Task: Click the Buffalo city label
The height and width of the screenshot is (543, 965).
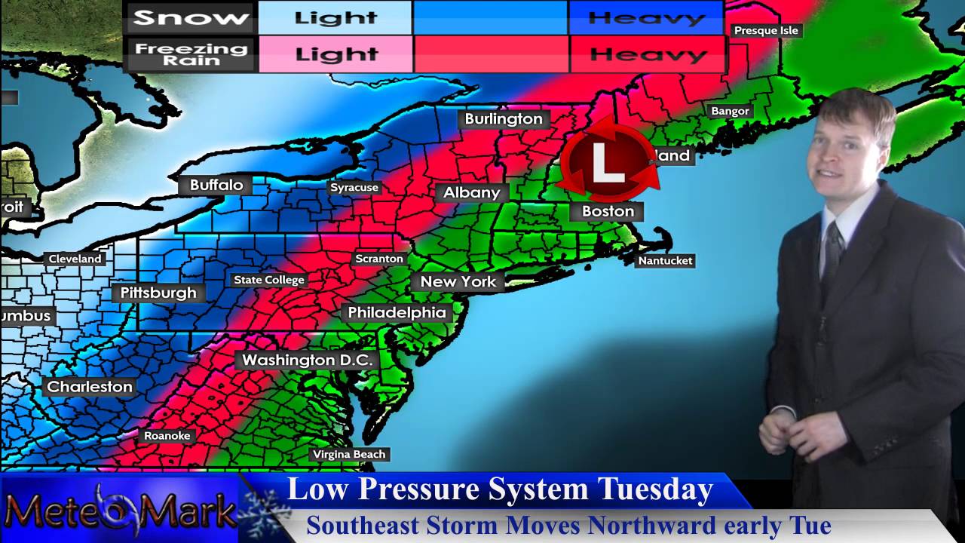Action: pos(216,185)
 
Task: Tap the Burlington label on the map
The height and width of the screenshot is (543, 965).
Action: pos(504,119)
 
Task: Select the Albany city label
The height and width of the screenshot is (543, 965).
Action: pos(472,192)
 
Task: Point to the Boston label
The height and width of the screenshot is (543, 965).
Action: pos(608,211)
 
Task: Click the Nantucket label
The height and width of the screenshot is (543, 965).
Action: pos(665,261)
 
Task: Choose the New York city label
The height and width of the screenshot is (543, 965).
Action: pos(458,281)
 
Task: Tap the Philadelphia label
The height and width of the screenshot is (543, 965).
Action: pos(397,312)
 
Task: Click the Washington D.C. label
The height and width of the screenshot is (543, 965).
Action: pos(307,360)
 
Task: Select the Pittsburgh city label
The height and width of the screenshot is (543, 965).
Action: pos(158,293)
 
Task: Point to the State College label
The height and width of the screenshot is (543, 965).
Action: pos(269,280)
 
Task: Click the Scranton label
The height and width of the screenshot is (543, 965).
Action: pos(379,259)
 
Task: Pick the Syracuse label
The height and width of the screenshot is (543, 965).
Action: pos(354,187)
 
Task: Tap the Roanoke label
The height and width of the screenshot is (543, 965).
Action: pos(167,435)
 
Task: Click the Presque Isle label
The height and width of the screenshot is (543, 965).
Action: pos(766,30)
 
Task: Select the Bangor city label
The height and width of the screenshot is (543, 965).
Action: pos(730,111)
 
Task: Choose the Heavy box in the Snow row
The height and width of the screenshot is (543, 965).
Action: pos(646,18)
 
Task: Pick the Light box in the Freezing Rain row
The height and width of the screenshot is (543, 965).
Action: pos(335,54)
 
